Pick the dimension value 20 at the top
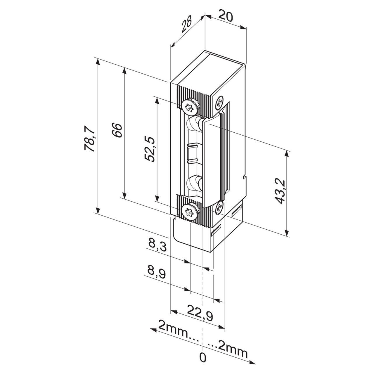(226, 16)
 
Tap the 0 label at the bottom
(202, 358)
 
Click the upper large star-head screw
(189, 107)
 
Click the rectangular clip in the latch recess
(193, 153)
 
